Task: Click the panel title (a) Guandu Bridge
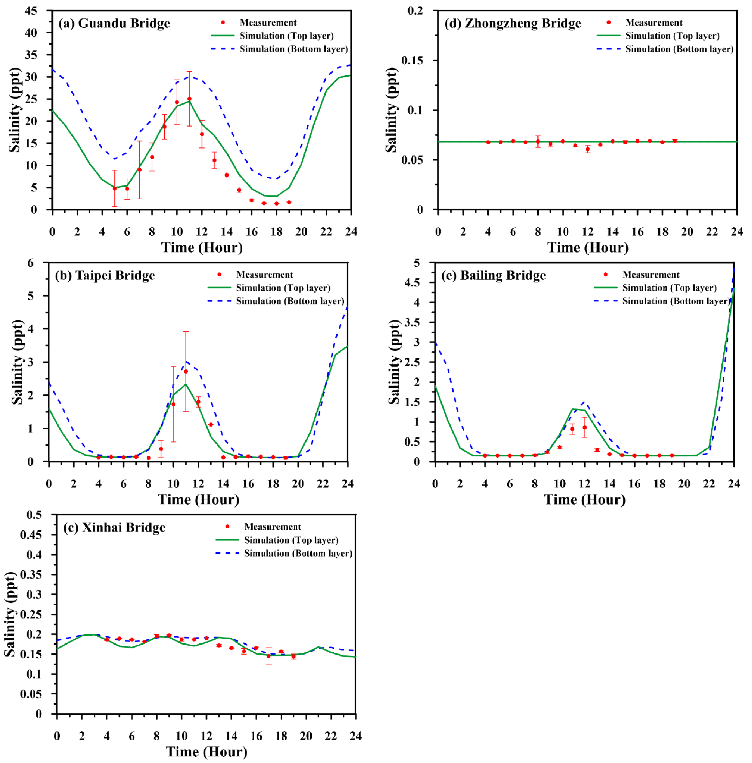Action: coord(114,23)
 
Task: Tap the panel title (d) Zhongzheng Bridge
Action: coord(513,23)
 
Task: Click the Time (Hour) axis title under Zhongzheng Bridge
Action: coord(587,247)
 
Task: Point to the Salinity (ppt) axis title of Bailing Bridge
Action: coord(394,362)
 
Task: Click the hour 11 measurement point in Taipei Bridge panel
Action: coord(186,371)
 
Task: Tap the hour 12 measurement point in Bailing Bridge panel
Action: coord(585,427)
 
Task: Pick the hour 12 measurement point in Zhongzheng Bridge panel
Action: coord(588,149)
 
